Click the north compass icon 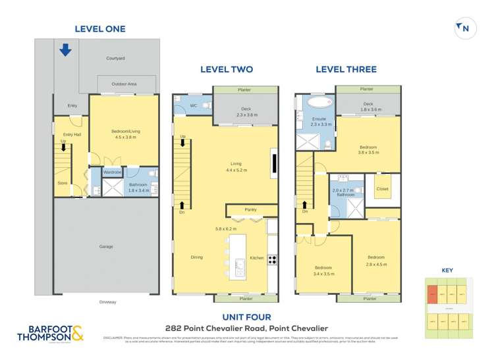[x=464, y=28]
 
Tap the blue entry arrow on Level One [x=65, y=50]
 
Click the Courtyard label [x=115, y=59]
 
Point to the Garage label [x=105, y=247]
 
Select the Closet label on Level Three [x=382, y=189]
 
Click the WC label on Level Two [x=194, y=105]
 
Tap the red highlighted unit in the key [x=432, y=294]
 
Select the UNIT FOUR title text [x=247, y=317]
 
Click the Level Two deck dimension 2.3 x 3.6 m [x=246, y=115]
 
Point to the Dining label [x=197, y=257]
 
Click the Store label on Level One [x=62, y=183]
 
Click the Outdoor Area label [x=123, y=84]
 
